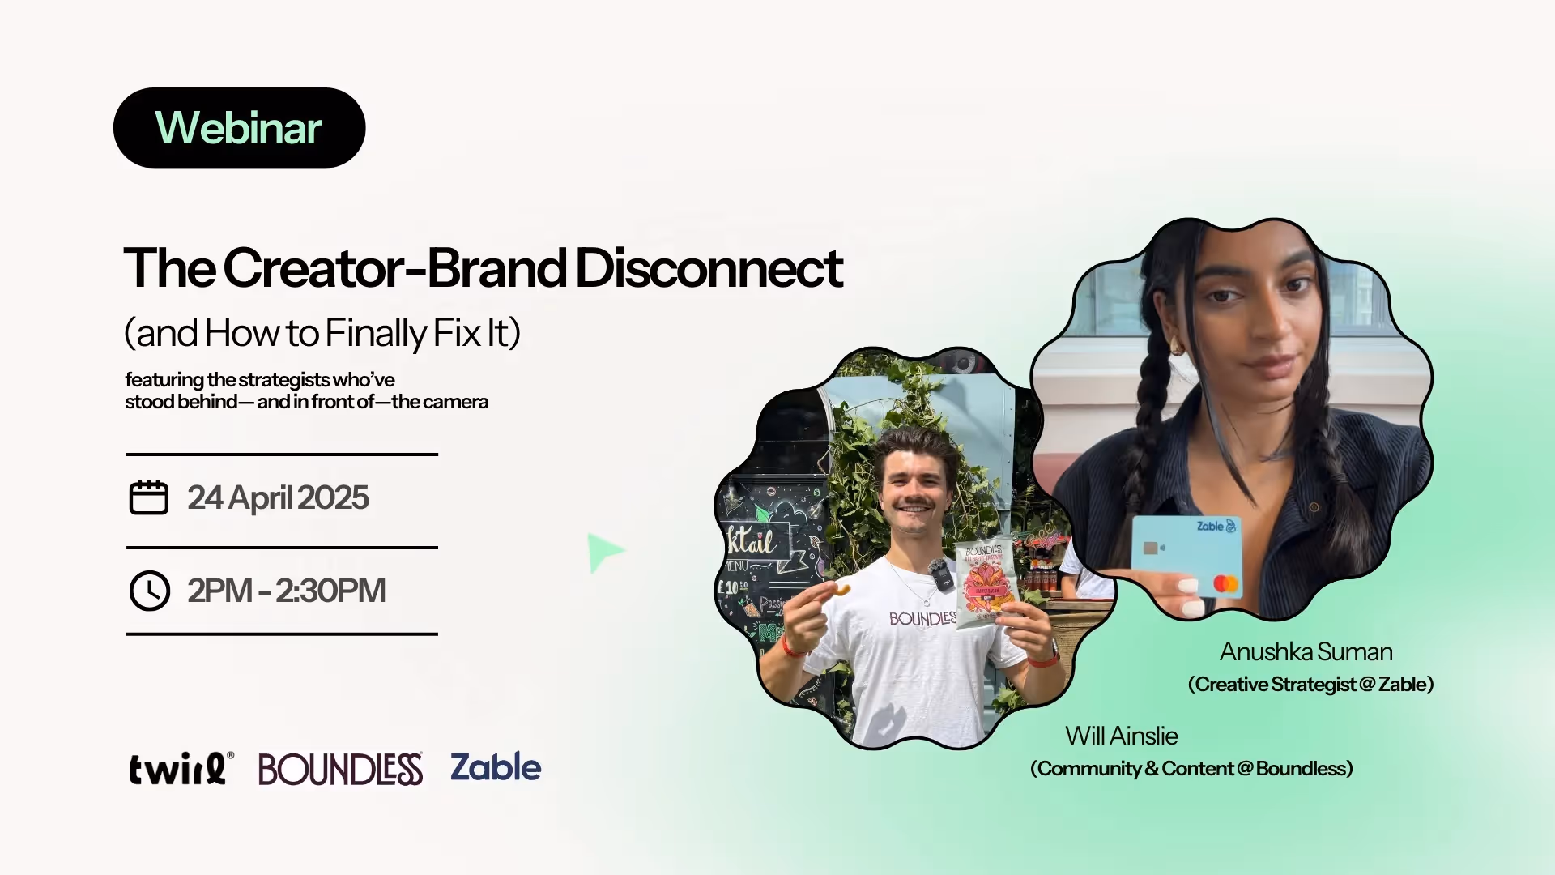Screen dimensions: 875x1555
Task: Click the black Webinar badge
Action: pyautogui.click(x=239, y=128)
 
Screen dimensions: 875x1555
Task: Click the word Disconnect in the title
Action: pyautogui.click(x=709, y=268)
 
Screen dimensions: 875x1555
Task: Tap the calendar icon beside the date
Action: pyautogui.click(x=149, y=497)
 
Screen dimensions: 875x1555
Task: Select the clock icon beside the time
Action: pyautogui.click(x=150, y=591)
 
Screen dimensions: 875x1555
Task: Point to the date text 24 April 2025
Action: pyautogui.click(x=278, y=497)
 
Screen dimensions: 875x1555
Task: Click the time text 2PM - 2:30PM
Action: pyautogui.click(x=286, y=591)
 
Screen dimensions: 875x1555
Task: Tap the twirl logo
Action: pyautogui.click(x=181, y=768)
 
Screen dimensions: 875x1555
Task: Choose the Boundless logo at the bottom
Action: pyautogui.click(x=340, y=769)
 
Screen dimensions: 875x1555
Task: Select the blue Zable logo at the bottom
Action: pyautogui.click(x=496, y=767)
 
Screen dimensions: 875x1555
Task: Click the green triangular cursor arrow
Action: pyautogui.click(x=603, y=552)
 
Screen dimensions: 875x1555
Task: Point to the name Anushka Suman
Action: pyautogui.click(x=1306, y=652)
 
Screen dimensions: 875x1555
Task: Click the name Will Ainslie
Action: pyautogui.click(x=1121, y=736)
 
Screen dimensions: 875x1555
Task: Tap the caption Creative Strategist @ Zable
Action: pyautogui.click(x=1310, y=685)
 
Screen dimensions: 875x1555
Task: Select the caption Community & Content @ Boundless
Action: pyautogui.click(x=1191, y=769)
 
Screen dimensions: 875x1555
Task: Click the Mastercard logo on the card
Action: pyautogui.click(x=1225, y=583)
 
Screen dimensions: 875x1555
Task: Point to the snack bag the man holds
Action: pyautogui.click(x=985, y=582)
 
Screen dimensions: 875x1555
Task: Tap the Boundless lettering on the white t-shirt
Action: pyautogui.click(x=922, y=619)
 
